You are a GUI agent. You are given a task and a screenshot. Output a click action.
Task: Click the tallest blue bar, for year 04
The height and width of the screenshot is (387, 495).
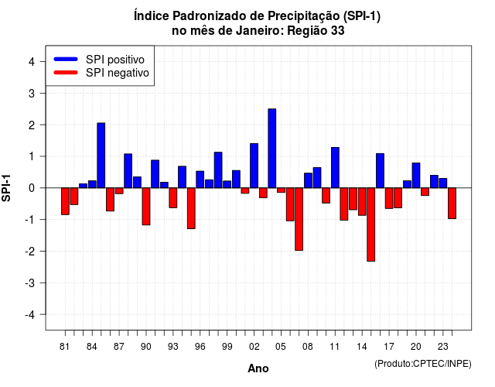click(x=271, y=148)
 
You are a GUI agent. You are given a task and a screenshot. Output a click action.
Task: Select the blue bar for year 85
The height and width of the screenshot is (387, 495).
click(x=101, y=156)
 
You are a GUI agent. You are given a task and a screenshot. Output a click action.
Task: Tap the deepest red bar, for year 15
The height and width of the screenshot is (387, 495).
click(x=371, y=224)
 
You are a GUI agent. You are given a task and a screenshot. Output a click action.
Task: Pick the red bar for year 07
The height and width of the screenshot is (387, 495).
click(x=299, y=219)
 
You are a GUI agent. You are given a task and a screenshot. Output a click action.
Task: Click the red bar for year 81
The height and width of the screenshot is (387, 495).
click(x=65, y=201)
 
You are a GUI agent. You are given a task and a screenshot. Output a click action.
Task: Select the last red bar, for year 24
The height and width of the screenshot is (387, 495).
click(x=452, y=203)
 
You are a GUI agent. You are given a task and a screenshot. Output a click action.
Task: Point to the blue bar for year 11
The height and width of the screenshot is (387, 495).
click(x=335, y=167)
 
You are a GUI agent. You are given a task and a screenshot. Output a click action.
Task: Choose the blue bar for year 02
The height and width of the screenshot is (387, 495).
click(x=254, y=166)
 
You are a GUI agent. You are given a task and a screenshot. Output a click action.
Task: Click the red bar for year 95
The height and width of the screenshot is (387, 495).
click(x=191, y=208)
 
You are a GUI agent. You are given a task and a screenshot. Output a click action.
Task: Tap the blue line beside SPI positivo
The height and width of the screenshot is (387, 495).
click(x=66, y=59)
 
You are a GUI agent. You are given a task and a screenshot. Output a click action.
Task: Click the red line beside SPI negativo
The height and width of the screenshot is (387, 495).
click(x=66, y=72)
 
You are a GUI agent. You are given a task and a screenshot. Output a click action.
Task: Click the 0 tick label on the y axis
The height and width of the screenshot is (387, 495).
click(x=32, y=188)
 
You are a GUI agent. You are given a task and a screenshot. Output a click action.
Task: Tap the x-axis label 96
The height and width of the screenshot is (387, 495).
click(x=200, y=347)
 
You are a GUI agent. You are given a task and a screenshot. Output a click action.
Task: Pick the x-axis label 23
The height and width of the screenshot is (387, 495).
click(x=443, y=347)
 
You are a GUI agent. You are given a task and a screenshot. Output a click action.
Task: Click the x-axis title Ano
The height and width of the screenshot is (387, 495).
click(x=258, y=368)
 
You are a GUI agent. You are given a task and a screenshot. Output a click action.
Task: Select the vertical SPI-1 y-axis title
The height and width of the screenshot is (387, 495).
click(x=6, y=188)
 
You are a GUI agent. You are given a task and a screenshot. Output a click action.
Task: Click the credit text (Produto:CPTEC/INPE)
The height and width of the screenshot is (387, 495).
click(x=423, y=364)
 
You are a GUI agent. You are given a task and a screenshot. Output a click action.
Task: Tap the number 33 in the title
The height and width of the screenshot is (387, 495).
click(x=338, y=31)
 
